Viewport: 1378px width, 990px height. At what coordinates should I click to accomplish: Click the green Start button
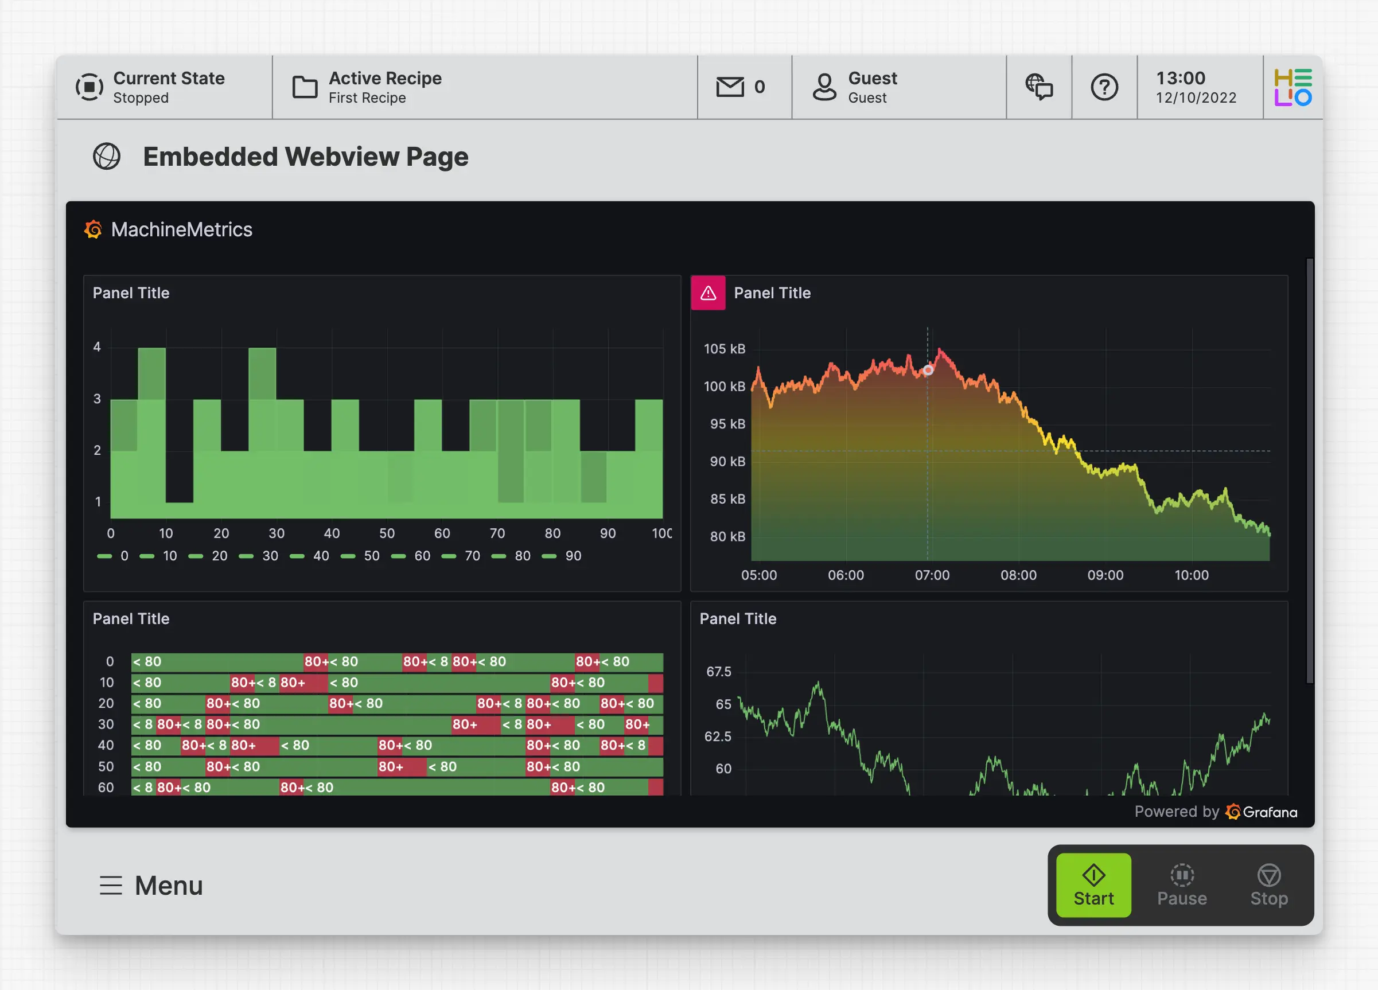coord(1093,885)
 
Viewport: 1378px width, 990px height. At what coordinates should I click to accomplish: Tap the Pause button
coord(1181,885)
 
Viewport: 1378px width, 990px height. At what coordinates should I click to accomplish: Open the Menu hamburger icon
coord(111,885)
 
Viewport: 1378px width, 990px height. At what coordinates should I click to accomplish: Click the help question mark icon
coord(1104,87)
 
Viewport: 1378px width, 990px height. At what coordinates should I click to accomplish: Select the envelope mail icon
coord(730,87)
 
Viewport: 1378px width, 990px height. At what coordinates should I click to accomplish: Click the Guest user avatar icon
coord(824,87)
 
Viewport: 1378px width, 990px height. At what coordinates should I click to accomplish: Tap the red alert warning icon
coord(708,293)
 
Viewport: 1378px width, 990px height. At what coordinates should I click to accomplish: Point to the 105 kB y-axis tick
coord(724,349)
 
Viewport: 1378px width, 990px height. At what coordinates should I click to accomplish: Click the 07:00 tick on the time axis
coord(932,575)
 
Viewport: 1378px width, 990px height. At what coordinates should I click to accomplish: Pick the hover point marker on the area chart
coord(928,370)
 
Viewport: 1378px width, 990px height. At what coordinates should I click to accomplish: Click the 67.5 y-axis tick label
coord(718,672)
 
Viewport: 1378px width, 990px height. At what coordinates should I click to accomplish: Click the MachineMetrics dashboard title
coord(181,229)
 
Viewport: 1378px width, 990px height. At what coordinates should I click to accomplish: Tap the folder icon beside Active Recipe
coord(305,87)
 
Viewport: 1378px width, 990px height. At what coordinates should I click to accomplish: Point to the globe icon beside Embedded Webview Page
coord(107,157)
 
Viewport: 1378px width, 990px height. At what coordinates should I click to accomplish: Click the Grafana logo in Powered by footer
coord(1233,812)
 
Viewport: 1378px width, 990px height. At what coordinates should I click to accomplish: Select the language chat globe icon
coord(1039,87)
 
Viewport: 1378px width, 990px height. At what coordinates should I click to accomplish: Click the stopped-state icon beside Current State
coord(89,87)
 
